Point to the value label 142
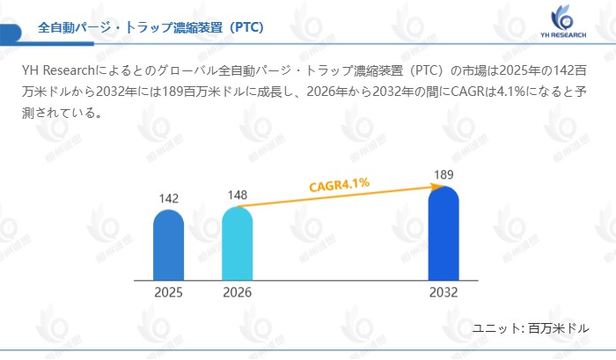[x=169, y=198]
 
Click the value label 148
[x=238, y=195]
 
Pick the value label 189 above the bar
[x=444, y=175]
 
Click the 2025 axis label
[x=168, y=293]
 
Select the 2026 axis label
[x=237, y=293]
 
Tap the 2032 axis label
[x=444, y=293]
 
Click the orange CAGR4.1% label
[x=339, y=185]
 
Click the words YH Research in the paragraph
[x=56, y=70]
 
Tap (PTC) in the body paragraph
[x=427, y=70]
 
